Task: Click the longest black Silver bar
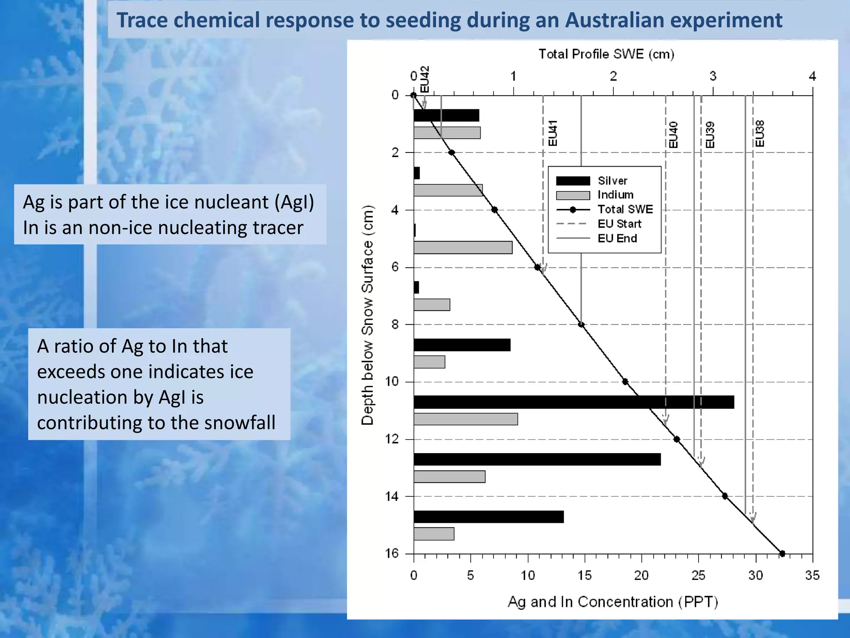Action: coord(574,402)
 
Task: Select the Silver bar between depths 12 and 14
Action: coord(537,459)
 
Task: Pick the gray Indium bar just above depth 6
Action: coord(463,248)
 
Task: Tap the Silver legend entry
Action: coord(612,181)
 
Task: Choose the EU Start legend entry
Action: coord(619,224)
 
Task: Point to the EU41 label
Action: coord(552,133)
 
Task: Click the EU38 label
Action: coord(760,134)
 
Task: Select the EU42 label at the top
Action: coord(424,79)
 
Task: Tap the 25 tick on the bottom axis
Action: coord(698,575)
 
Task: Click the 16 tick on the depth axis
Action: coord(391,553)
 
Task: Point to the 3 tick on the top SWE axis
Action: coord(713,76)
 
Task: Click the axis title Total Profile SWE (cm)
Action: coord(606,54)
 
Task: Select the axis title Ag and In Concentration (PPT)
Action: coord(613,601)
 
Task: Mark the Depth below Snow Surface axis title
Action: coord(368,316)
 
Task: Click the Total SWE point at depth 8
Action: coord(581,324)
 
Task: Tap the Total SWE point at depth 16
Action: coord(782,553)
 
